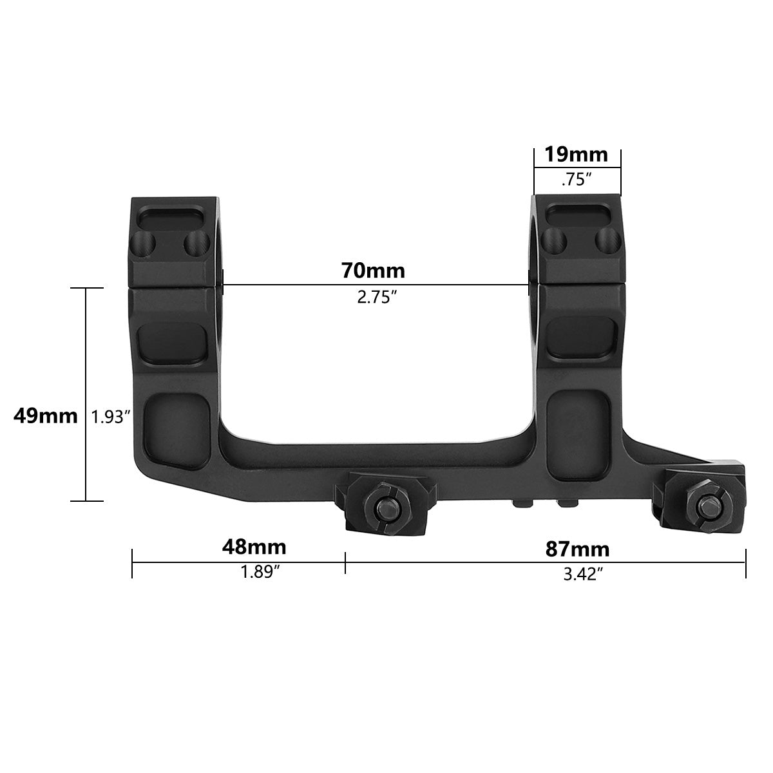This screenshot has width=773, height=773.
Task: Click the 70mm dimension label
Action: [x=373, y=270]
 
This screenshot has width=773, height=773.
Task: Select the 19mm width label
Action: [x=577, y=155]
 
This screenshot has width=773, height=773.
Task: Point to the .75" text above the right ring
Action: [x=577, y=180]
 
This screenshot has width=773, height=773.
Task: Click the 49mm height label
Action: [x=45, y=416]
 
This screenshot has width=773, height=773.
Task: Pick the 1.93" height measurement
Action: [x=111, y=417]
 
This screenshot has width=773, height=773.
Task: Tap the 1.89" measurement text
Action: [x=260, y=573]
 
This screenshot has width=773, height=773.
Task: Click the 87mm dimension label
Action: [x=577, y=549]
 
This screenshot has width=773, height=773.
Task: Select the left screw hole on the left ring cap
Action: [x=146, y=243]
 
